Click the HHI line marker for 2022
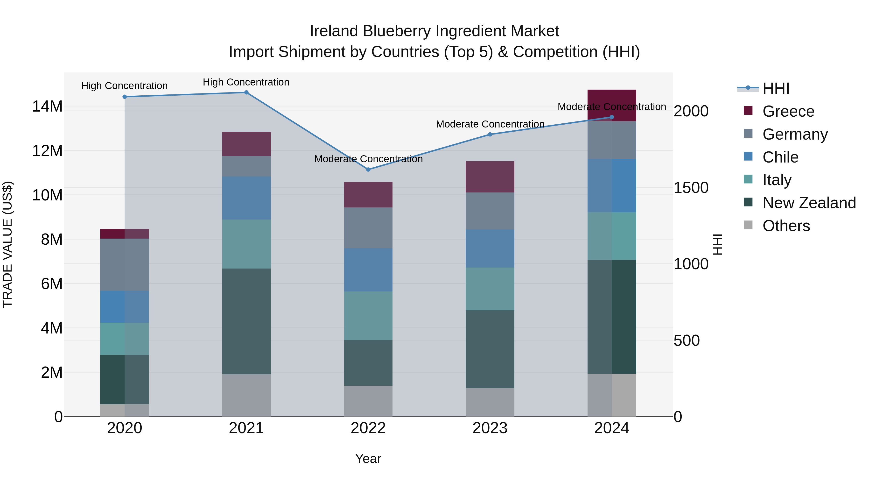coord(368,170)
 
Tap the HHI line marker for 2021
coord(246,92)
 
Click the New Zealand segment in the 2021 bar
coord(246,321)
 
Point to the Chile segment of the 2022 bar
coord(368,270)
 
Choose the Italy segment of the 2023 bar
coord(490,289)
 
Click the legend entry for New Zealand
coord(809,203)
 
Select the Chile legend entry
coord(780,157)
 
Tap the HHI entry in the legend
coord(776,88)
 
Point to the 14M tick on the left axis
coord(47,106)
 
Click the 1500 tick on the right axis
coord(691,188)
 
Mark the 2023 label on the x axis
coord(490,428)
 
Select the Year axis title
coord(368,459)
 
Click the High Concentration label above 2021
coord(246,82)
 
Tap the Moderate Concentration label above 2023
coord(490,124)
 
